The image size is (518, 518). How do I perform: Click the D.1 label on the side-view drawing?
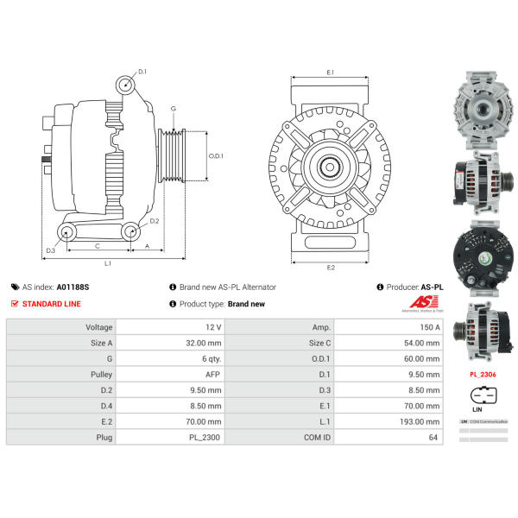pyautogui.click(x=142, y=72)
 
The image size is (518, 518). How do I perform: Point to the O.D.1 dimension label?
pyautogui.click(x=217, y=156)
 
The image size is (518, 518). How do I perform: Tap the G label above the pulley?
pyautogui.click(x=173, y=109)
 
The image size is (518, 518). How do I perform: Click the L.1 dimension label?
pyautogui.click(x=108, y=262)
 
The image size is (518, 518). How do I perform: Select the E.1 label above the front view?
pyautogui.click(x=330, y=73)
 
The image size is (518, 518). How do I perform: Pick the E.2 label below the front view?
pyautogui.click(x=330, y=268)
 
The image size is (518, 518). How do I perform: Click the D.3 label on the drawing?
pyautogui.click(x=50, y=250)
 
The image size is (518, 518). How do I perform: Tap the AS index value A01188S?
pyautogui.click(x=73, y=287)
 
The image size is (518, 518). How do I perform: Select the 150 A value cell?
pyautogui.click(x=429, y=328)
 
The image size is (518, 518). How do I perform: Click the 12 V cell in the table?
pyautogui.click(x=213, y=328)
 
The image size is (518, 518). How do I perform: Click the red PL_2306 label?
pyautogui.click(x=483, y=375)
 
